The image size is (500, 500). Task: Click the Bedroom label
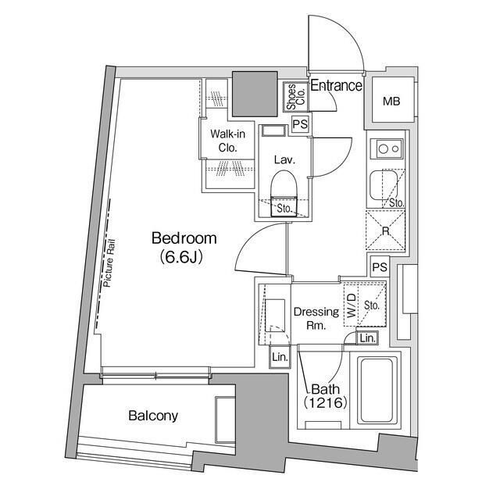coord(184,238)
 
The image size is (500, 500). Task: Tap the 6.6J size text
coord(181,257)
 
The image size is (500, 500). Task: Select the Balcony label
coord(153,416)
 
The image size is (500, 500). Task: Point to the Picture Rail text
coord(109,263)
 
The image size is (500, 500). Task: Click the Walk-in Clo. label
coord(227,141)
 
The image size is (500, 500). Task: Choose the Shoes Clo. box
coord(295,97)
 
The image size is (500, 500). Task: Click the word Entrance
coord(337,85)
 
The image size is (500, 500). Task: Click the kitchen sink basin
coord(384,185)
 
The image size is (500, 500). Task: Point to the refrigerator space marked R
coord(385,230)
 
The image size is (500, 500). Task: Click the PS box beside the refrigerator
coord(380,266)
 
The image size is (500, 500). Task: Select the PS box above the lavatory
coord(300,123)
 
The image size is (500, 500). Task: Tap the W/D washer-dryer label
coord(351,305)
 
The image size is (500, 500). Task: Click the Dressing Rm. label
coord(316,318)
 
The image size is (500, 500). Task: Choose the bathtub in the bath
coord(377,391)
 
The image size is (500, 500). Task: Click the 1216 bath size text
coord(325,403)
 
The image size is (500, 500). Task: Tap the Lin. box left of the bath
coord(280,357)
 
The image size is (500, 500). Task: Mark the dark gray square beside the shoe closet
coord(255,94)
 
